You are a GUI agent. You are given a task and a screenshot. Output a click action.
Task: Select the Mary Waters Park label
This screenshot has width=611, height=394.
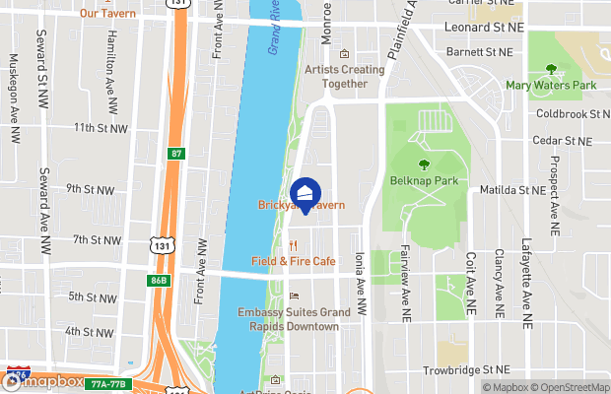point(551,86)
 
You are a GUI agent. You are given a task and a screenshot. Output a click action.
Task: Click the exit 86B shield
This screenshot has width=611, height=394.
point(159,279)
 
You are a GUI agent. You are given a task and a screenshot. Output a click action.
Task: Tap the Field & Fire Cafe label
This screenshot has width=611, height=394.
point(293,261)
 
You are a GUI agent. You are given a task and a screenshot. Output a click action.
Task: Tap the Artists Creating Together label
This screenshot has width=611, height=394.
point(344,76)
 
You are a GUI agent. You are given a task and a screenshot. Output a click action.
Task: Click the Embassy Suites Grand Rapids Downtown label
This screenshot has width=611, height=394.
point(294,319)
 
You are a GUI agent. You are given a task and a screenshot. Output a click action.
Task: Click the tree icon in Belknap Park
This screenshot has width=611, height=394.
point(425,164)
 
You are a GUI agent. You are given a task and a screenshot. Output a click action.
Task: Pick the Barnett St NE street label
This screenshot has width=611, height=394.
point(479,51)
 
